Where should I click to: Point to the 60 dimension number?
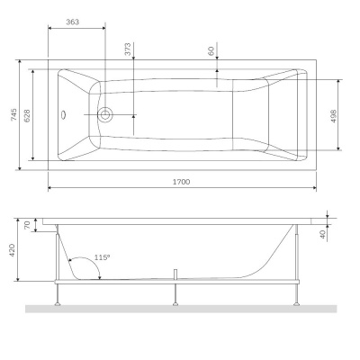click(212, 52)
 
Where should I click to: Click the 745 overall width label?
click(13, 115)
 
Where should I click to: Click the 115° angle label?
click(103, 258)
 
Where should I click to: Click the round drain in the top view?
click(105, 114)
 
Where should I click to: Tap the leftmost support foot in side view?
click(61, 297)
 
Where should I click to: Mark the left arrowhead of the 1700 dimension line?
click(49, 189)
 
